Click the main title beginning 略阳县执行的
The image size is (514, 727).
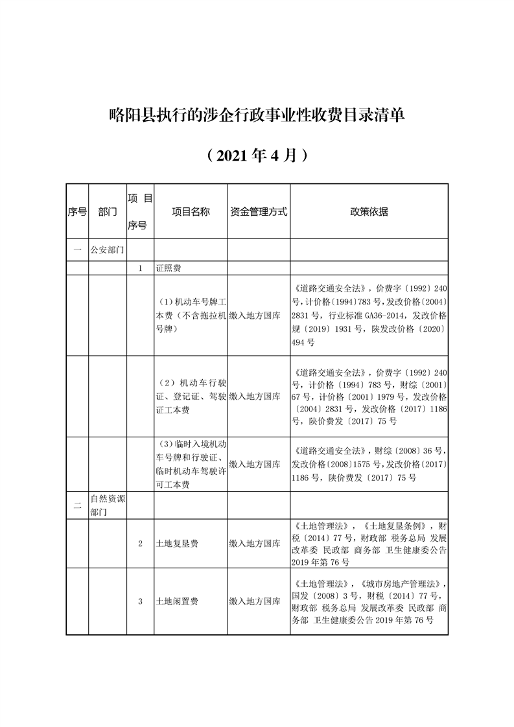(x=257, y=116)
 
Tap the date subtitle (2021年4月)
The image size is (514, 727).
(x=257, y=156)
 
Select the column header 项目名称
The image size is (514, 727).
(x=191, y=212)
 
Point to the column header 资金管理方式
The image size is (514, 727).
(x=259, y=212)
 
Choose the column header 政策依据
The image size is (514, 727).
(x=369, y=212)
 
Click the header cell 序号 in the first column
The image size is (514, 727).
(x=77, y=212)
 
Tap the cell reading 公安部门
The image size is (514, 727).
(x=108, y=249)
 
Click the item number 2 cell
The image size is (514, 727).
(x=141, y=544)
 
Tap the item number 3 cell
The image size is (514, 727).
(x=141, y=601)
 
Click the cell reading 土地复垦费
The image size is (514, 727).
(x=177, y=544)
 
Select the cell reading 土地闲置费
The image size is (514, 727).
(x=177, y=601)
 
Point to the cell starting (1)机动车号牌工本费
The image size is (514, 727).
(x=191, y=315)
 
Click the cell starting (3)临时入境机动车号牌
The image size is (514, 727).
(x=191, y=464)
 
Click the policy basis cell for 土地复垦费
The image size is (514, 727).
(x=369, y=544)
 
